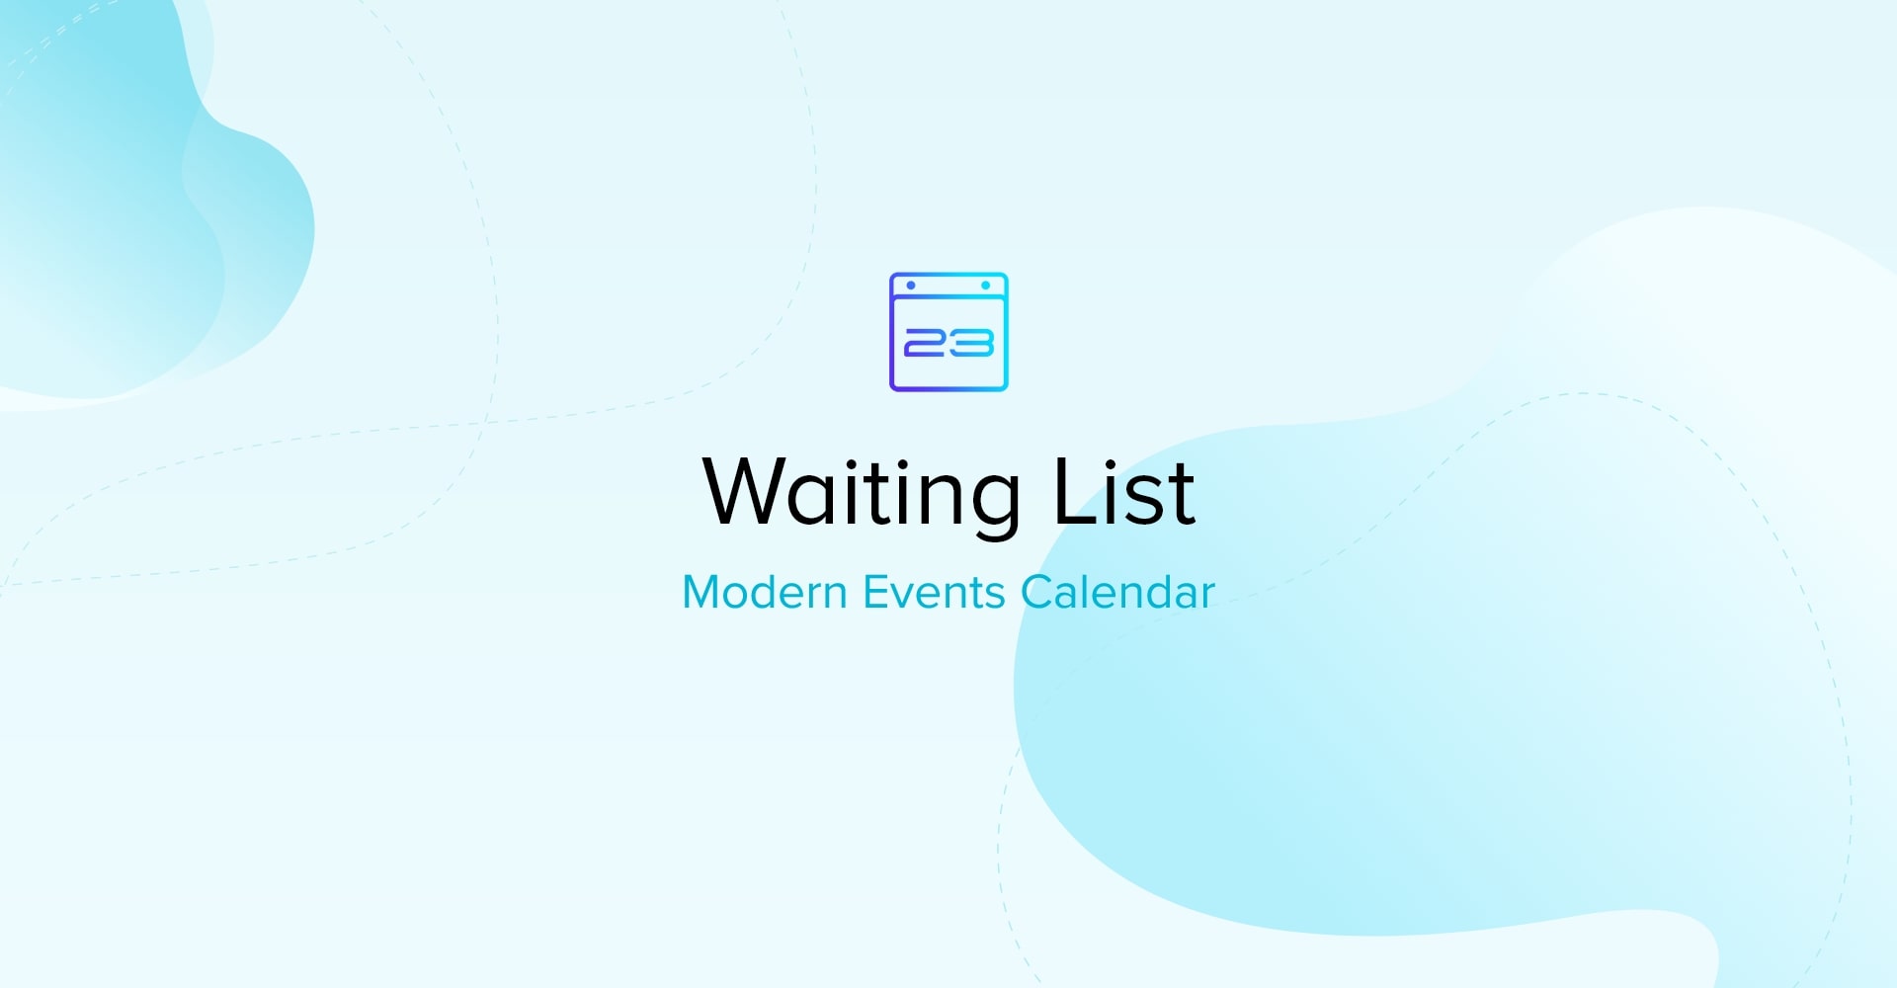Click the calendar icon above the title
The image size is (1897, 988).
point(948,332)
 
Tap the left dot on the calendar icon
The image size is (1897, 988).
point(911,286)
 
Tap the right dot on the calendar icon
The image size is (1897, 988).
point(985,286)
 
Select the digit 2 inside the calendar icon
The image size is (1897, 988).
point(926,343)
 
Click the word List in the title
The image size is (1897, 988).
point(1124,491)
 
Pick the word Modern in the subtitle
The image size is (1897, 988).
point(765,593)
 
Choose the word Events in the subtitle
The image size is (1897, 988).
point(934,593)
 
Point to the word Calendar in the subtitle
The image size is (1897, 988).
point(1117,593)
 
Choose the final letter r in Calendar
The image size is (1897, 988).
point(1207,597)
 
